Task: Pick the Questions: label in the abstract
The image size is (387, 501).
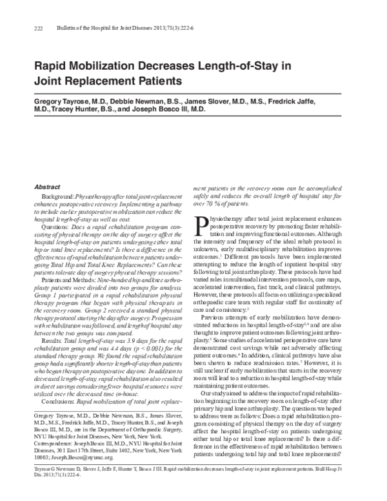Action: (54, 229)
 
